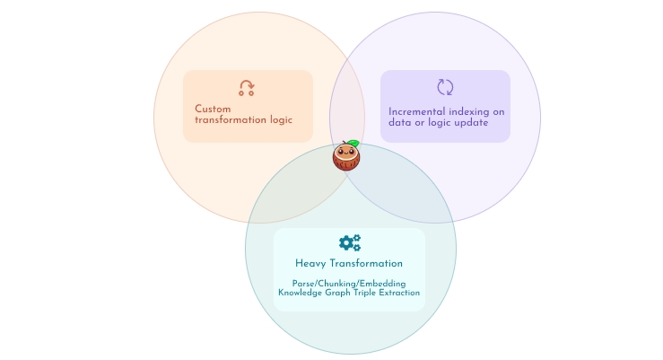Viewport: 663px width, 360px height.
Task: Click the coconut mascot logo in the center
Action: [346, 157]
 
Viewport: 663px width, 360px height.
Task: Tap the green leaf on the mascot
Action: [353, 143]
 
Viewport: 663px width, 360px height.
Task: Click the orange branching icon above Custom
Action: [247, 87]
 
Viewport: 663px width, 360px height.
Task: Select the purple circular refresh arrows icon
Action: [445, 87]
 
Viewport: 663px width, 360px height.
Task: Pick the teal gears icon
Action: [350, 242]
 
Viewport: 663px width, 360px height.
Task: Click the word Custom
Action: [213, 110]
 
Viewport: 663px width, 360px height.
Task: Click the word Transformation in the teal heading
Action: [367, 264]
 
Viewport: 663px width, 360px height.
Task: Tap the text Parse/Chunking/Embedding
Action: [348, 284]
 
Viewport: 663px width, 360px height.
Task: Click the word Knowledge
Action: [302, 293]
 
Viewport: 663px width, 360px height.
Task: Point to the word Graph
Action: [345, 293]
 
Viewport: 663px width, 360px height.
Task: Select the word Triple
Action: [375, 293]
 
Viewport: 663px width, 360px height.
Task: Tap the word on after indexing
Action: [499, 112]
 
